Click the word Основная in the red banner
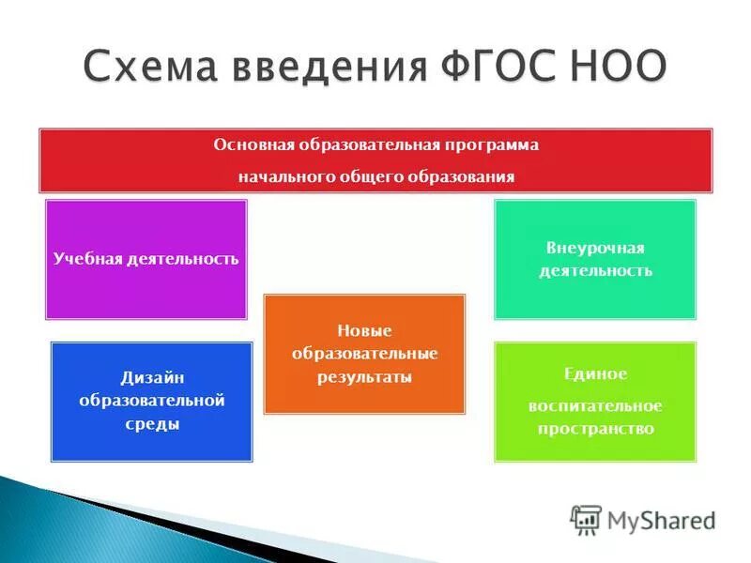(254, 145)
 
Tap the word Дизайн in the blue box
(151, 377)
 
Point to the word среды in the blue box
(151, 423)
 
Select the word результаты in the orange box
(364, 376)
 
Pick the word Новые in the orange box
(364, 330)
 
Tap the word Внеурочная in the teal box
(595, 248)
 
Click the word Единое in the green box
(595, 373)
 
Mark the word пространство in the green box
(595, 428)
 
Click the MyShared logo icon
(586, 518)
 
